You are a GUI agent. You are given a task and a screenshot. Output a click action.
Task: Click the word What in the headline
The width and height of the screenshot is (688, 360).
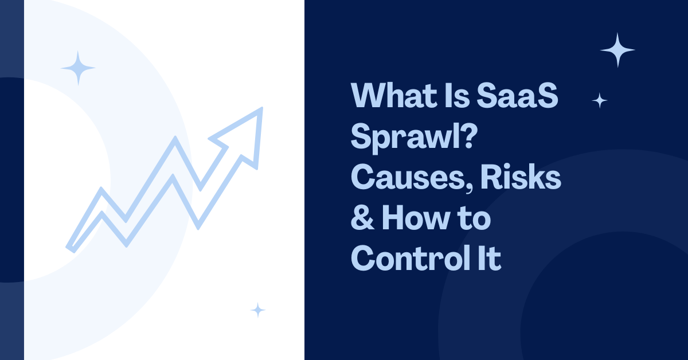tap(394, 95)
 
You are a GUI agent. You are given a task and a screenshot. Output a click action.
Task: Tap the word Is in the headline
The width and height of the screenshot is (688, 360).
tap(457, 95)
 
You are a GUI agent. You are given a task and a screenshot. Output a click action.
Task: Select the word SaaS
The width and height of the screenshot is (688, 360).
tap(518, 95)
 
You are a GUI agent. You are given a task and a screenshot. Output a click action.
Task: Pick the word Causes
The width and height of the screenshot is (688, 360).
tap(408, 177)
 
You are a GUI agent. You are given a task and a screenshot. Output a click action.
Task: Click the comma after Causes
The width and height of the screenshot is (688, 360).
tap(470, 187)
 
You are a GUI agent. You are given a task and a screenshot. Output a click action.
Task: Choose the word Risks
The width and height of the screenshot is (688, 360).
tap(521, 177)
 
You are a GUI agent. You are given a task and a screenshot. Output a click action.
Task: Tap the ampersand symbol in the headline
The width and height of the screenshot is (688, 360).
tap(362, 217)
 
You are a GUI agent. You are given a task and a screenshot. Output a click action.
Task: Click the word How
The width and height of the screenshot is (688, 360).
tap(416, 217)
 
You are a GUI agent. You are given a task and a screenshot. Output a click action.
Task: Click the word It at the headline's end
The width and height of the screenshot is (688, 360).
tap(490, 258)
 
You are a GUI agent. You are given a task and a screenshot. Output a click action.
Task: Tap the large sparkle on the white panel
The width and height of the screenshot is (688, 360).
tap(78, 68)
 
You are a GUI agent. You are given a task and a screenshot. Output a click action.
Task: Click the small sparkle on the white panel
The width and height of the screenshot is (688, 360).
tap(258, 310)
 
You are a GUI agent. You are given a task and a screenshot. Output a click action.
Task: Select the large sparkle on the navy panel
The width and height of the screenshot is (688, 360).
tap(617, 50)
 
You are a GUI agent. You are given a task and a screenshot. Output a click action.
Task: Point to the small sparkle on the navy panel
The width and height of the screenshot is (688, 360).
tap(600, 100)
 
